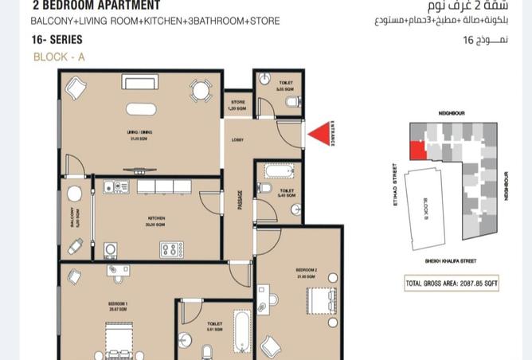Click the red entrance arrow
[x=320, y=134]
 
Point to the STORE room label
[x=237, y=104]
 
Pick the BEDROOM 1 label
[x=117, y=305]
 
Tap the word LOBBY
[x=237, y=139]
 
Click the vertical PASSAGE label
[x=240, y=200]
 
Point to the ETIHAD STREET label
[x=394, y=185]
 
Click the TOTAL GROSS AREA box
[x=452, y=283]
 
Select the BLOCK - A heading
[x=59, y=57]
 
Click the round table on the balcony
[x=74, y=194]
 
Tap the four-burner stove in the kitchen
[x=171, y=249]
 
